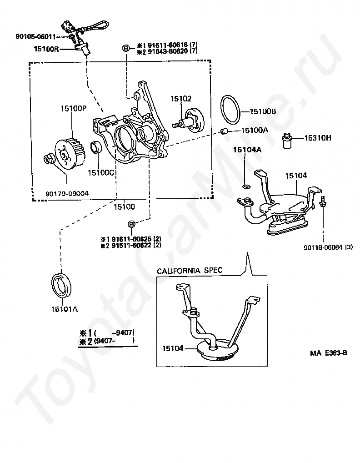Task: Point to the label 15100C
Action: tap(100, 172)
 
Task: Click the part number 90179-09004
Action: tap(67, 193)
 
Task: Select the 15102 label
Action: tap(181, 98)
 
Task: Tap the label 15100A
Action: tap(255, 130)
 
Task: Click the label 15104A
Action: tap(247, 149)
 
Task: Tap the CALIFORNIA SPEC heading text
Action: tap(190, 271)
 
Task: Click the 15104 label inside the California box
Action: tap(172, 348)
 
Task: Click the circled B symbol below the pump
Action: tap(131, 224)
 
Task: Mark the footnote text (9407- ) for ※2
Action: tap(114, 339)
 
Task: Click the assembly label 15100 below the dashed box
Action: tap(124, 206)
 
